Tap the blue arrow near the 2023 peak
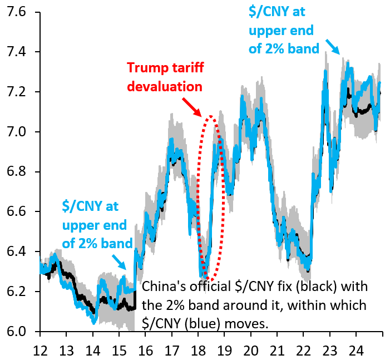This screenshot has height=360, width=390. [333, 47]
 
